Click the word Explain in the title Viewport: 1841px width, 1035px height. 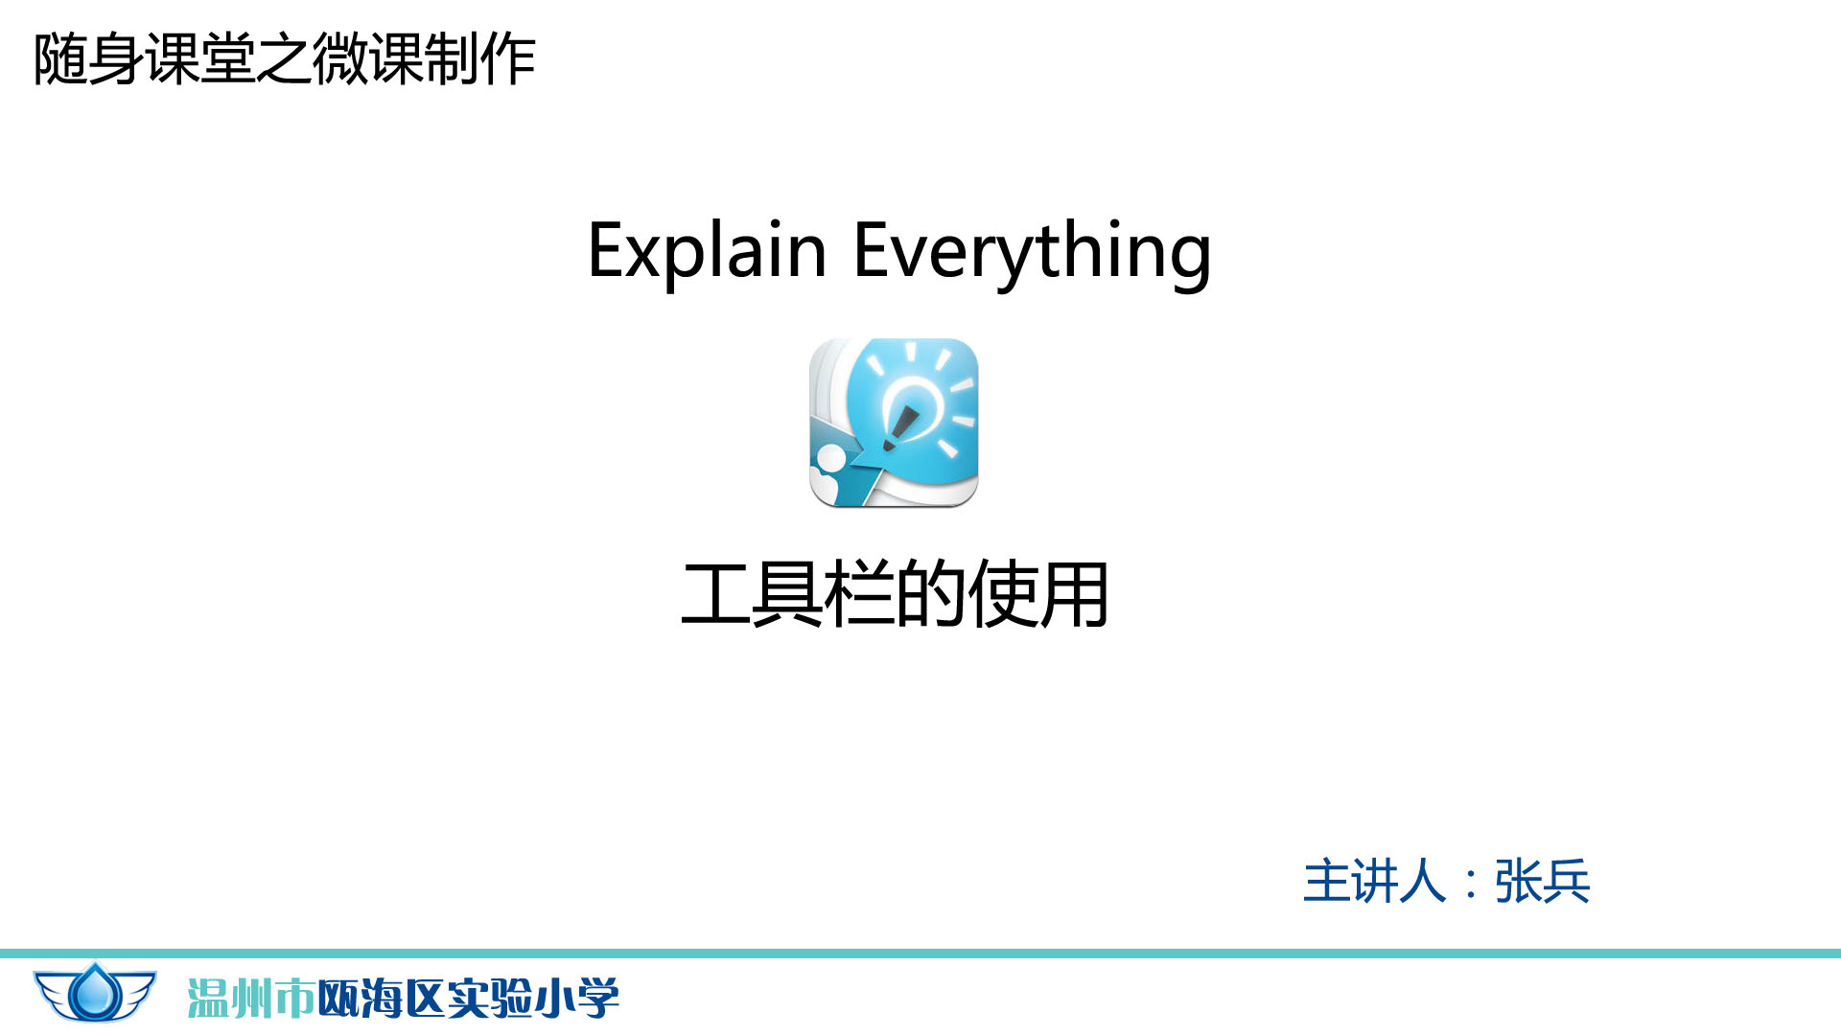pyautogui.click(x=707, y=250)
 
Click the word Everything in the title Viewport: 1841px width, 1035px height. pyautogui.click(x=1033, y=252)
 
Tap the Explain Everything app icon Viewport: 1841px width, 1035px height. pyautogui.click(x=894, y=423)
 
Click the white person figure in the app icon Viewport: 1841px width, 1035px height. pyautogui.click(x=827, y=471)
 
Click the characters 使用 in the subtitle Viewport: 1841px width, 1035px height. pyautogui.click(x=1037, y=595)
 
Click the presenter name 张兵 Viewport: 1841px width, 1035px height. pyautogui.click(x=1542, y=881)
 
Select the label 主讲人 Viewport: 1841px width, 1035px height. pyautogui.click(x=1374, y=881)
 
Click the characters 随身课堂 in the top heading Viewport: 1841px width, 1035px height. pyautogui.click(x=144, y=59)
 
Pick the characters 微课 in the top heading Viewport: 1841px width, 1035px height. pyautogui.click(x=367, y=59)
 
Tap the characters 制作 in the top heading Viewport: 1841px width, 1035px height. pyautogui.click(x=479, y=59)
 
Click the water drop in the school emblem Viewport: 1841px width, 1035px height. pyautogui.click(x=95, y=993)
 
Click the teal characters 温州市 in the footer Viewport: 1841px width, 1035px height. pyautogui.click(x=251, y=999)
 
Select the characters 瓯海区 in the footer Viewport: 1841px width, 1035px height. pyautogui.click(x=382, y=999)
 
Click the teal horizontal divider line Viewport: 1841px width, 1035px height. pyautogui.click(x=920, y=954)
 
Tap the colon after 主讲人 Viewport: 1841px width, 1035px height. pyautogui.click(x=1471, y=884)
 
